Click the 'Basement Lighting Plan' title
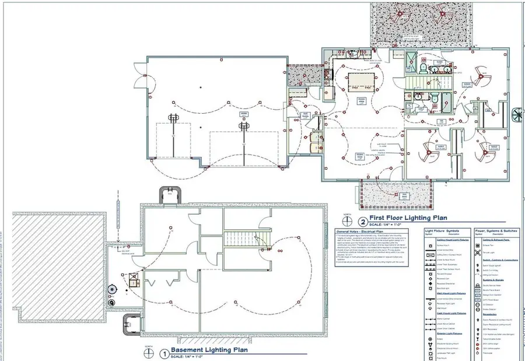209,351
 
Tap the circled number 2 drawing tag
363,222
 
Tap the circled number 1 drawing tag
164,353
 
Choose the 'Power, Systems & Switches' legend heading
496,231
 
